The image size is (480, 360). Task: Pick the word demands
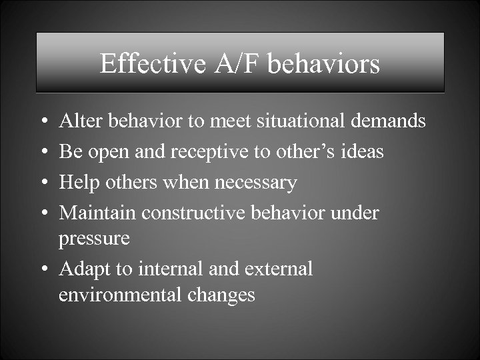(x=395, y=121)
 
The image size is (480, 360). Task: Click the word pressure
(x=94, y=239)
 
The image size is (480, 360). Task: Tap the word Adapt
(x=82, y=269)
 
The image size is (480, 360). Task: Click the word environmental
(x=117, y=295)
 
